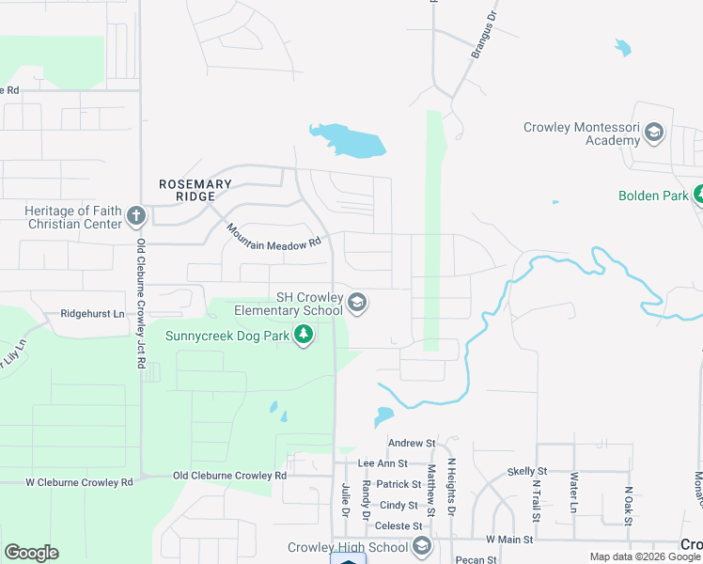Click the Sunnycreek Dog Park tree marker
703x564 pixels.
click(x=304, y=335)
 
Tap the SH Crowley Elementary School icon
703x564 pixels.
click(x=356, y=303)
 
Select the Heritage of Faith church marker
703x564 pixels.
click(x=135, y=217)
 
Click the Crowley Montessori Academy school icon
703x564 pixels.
click(x=655, y=133)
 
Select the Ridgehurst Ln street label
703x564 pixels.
click(x=92, y=313)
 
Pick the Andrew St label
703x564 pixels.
click(x=412, y=443)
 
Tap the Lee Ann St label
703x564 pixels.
click(x=383, y=463)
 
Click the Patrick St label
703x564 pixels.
click(x=398, y=484)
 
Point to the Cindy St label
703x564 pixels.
click(x=398, y=505)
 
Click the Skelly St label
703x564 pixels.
click(x=526, y=471)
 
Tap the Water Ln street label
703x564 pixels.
click(x=572, y=493)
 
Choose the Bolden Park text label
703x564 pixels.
click(x=653, y=196)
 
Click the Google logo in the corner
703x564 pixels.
click(x=31, y=553)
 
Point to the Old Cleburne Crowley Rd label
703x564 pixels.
click(x=229, y=476)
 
